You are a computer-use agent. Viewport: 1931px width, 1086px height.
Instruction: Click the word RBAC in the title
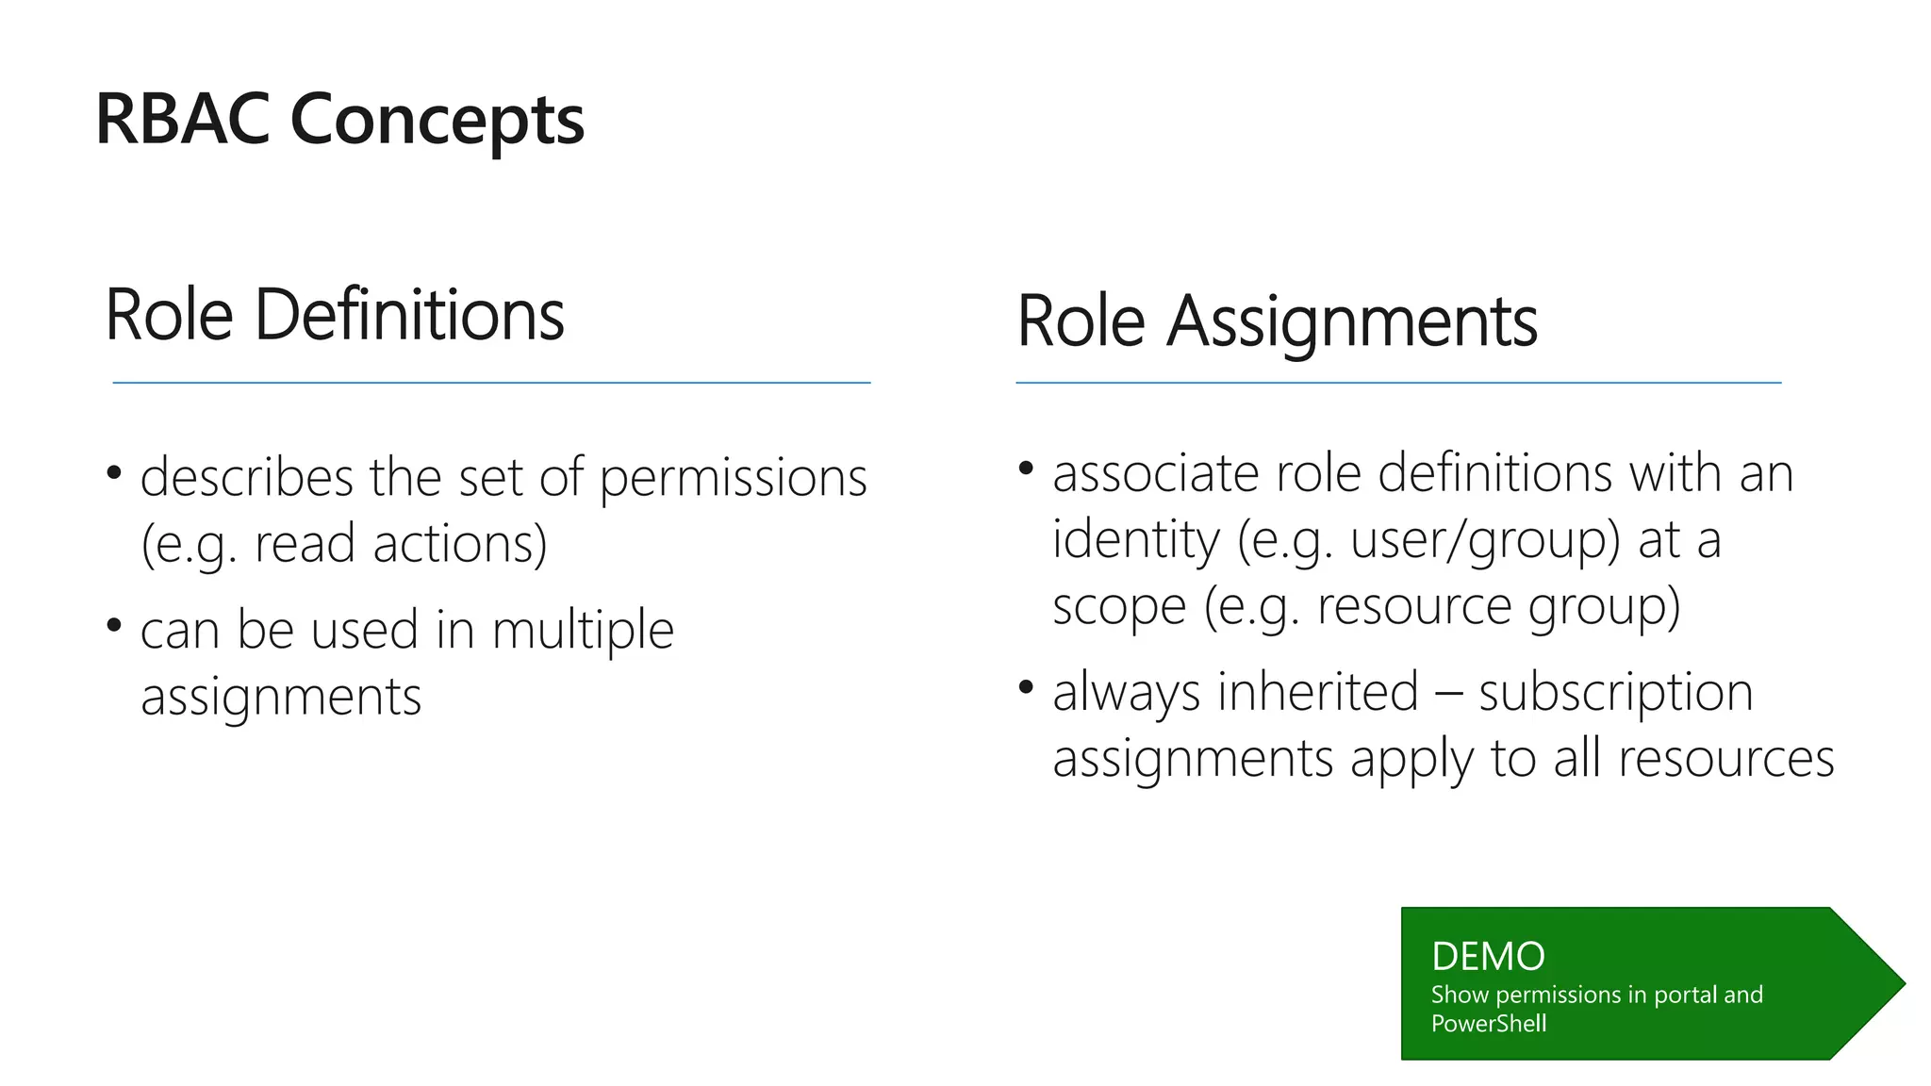click(x=182, y=120)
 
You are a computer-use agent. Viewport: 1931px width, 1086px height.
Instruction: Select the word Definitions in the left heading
click(x=409, y=315)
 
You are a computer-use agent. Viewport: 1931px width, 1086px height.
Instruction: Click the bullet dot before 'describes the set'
click(x=114, y=471)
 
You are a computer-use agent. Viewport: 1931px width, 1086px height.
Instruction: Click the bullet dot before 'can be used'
click(x=114, y=624)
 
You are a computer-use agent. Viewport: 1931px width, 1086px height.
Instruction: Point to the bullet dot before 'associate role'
click(x=1027, y=467)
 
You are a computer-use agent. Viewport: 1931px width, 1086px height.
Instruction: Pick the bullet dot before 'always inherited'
click(x=1027, y=686)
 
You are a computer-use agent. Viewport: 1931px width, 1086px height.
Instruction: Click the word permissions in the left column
click(x=733, y=478)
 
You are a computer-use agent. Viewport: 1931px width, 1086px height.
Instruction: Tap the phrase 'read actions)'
click(x=401, y=544)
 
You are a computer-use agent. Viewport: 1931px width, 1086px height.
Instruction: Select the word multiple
click(x=583, y=630)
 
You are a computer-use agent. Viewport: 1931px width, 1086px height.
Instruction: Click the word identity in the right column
click(x=1135, y=540)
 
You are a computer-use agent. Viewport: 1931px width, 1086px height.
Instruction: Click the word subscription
click(x=1615, y=693)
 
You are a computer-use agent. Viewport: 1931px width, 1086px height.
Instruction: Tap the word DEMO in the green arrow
click(x=1488, y=956)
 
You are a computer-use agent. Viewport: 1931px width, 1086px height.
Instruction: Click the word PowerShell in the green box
click(x=1488, y=1023)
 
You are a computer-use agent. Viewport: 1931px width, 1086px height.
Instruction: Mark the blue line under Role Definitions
click(x=491, y=383)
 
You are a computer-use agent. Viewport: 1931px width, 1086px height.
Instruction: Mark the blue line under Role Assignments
click(x=1398, y=383)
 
